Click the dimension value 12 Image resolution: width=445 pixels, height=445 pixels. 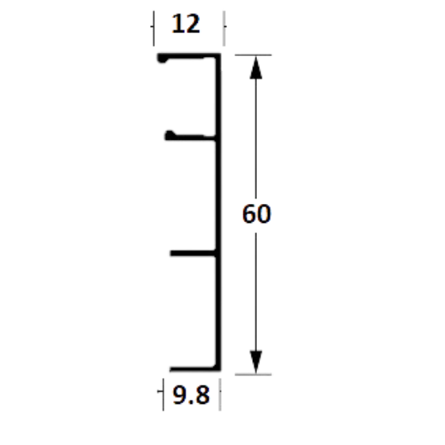tap(186, 25)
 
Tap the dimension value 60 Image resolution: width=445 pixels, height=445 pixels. tap(257, 213)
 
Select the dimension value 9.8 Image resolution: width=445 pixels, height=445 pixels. tap(191, 394)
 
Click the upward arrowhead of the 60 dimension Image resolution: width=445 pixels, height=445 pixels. tap(256, 67)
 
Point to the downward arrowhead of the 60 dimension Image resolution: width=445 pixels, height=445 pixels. tap(256, 362)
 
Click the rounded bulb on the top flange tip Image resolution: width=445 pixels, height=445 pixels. tap(163, 58)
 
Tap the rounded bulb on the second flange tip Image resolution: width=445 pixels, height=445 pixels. tap(170, 135)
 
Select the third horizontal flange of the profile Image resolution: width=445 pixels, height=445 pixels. tap(194, 253)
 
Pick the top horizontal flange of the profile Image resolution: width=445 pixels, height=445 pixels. tap(189, 56)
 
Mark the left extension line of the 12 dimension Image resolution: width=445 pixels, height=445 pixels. tap(154, 28)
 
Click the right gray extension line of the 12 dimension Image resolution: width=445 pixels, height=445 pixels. tap(224, 28)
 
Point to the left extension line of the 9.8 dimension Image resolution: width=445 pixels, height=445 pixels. tap(163, 394)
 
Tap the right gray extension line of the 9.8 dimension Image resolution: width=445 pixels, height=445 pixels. tap(220, 394)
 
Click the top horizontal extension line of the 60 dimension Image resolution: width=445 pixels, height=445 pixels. tap(253, 55)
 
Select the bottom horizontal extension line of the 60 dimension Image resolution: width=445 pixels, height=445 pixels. tap(253, 375)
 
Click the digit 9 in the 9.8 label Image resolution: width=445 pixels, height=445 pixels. tap(179, 394)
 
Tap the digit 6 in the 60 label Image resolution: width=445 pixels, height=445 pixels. tap(249, 213)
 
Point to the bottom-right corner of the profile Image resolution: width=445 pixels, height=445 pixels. tap(221, 371)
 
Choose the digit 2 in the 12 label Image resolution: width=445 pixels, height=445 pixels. tap(194, 25)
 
